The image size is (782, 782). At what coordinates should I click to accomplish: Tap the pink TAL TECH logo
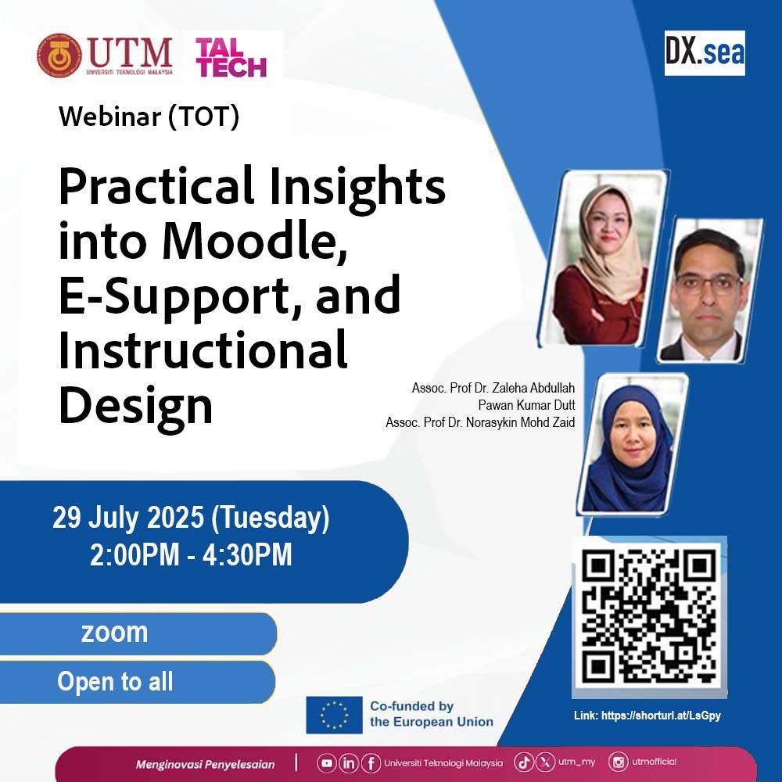[x=231, y=57]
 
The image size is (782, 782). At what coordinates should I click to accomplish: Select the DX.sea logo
[x=705, y=53]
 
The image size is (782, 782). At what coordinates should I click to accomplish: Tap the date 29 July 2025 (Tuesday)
[x=191, y=518]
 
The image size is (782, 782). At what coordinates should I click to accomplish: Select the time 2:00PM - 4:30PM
[x=191, y=555]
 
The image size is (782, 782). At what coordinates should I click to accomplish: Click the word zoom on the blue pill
[x=114, y=632]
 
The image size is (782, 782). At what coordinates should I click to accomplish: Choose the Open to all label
[x=115, y=682]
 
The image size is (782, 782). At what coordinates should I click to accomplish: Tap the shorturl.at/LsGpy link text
[x=661, y=716]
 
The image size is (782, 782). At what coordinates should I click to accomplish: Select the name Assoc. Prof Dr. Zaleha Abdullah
[x=493, y=388]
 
